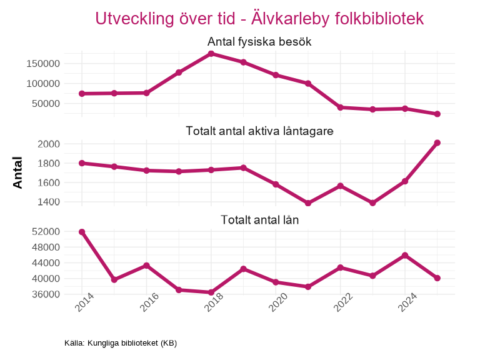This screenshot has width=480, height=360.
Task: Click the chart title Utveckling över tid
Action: (x=259, y=19)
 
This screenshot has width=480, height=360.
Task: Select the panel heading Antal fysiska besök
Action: (x=259, y=42)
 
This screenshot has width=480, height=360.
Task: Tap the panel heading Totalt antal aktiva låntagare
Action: (x=259, y=131)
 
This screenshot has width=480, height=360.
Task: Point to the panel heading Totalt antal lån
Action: (x=259, y=220)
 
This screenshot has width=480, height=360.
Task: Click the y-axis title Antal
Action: (x=18, y=172)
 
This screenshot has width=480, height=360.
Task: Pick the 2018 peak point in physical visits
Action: (x=211, y=54)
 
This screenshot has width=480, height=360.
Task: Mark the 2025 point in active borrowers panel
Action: (x=437, y=143)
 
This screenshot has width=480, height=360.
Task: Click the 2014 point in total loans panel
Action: (x=82, y=232)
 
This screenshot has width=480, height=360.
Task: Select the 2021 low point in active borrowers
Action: (x=308, y=203)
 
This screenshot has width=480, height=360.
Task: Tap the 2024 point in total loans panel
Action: (x=405, y=255)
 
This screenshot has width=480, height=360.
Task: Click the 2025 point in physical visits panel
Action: (x=437, y=114)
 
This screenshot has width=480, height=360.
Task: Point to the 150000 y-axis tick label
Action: (x=42, y=64)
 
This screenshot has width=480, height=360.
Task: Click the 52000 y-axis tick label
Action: (x=46, y=232)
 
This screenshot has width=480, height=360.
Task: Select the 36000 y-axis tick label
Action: (x=46, y=294)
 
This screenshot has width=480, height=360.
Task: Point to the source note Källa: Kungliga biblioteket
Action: (x=121, y=343)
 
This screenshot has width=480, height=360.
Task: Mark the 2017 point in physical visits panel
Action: (x=179, y=72)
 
